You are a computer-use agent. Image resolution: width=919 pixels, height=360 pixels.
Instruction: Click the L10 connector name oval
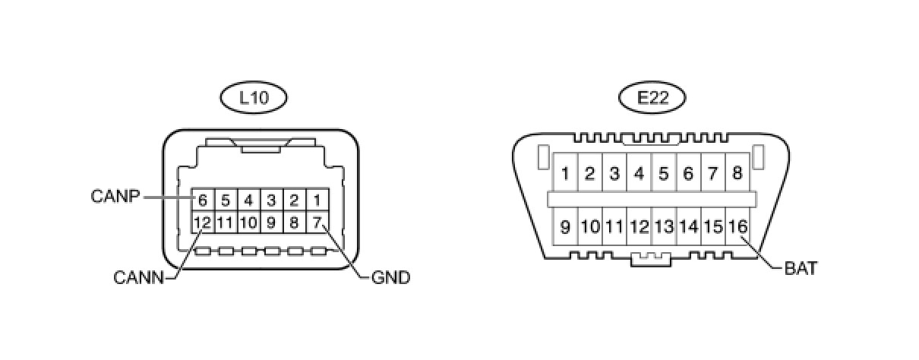(254, 97)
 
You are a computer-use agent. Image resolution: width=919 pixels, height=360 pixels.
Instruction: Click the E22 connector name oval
(652, 97)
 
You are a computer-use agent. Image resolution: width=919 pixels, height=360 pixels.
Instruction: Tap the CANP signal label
(115, 197)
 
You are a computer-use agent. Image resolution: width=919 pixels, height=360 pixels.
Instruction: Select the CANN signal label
(138, 278)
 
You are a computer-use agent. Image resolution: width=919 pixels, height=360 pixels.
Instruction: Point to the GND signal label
(390, 278)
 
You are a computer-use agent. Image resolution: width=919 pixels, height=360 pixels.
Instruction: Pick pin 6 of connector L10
(202, 201)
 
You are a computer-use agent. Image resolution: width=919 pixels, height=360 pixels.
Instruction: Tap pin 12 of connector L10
(202, 223)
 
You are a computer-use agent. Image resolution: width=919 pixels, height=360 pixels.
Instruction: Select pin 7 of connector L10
(318, 223)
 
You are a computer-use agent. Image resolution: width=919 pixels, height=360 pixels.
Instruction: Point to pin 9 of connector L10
(271, 223)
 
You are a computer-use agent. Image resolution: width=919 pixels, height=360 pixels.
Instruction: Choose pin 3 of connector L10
(271, 201)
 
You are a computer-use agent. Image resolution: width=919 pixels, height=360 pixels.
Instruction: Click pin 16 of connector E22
(737, 226)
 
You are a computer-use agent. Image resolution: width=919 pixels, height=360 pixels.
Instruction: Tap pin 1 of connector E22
(565, 173)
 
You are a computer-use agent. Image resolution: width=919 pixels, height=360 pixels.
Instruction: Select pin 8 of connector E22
(737, 173)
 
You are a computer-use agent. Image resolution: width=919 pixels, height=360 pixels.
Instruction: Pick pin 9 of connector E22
(565, 226)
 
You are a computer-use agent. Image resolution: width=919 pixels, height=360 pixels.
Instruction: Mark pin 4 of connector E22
(639, 173)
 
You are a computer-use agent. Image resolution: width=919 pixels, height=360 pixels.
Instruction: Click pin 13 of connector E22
(664, 226)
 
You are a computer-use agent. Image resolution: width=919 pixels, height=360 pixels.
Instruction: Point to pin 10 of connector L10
(248, 223)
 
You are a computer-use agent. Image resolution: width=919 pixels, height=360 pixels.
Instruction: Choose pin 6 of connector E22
(688, 173)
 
